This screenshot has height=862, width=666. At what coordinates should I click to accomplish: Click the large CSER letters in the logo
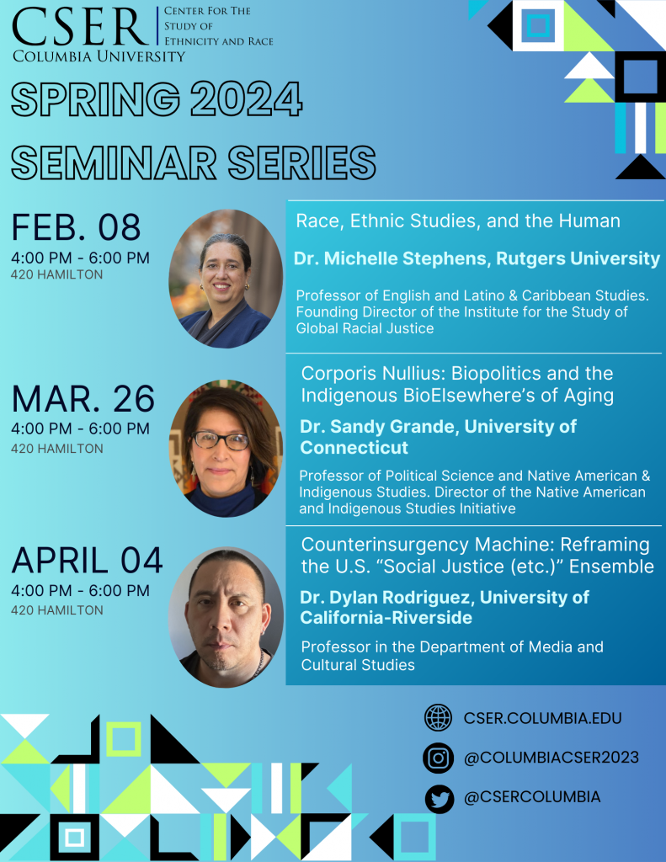(80, 26)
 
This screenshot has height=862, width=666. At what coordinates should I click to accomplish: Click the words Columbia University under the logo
(99, 56)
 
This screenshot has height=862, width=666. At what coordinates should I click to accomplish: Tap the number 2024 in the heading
(247, 99)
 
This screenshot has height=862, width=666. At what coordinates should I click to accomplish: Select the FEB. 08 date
(76, 227)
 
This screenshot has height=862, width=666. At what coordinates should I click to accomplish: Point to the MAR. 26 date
(83, 398)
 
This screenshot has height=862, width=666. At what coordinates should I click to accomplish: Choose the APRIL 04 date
(87, 560)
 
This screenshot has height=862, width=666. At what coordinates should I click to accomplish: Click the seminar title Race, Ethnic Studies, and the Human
(458, 221)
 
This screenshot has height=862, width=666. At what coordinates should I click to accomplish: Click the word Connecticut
(354, 448)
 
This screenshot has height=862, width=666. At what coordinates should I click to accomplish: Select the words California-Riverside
(386, 617)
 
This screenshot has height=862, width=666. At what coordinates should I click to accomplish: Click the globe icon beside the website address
(439, 717)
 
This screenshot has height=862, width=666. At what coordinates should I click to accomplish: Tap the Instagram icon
(439, 758)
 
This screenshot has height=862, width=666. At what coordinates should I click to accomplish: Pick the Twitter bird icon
(440, 798)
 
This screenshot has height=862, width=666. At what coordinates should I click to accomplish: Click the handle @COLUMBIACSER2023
(551, 758)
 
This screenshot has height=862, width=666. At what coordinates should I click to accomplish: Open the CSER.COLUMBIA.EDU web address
(543, 718)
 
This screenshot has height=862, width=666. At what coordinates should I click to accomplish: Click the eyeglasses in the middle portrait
(221, 440)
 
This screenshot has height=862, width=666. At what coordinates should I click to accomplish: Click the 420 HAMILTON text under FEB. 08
(56, 274)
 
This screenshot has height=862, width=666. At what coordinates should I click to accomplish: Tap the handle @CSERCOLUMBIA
(532, 797)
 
